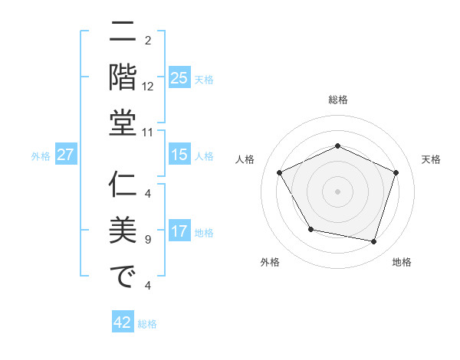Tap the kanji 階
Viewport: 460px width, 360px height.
click(123, 77)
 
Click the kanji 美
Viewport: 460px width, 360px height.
click(123, 231)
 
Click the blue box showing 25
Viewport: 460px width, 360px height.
click(179, 77)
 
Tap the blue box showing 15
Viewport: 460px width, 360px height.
click(179, 155)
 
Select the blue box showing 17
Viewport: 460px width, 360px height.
click(179, 231)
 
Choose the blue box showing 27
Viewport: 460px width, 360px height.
click(66, 155)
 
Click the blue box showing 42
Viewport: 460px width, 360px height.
click(123, 322)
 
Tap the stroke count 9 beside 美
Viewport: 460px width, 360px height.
click(148, 240)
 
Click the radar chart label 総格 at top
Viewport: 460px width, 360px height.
click(338, 100)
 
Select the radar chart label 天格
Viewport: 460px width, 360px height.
click(431, 159)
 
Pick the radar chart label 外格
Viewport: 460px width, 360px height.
click(270, 262)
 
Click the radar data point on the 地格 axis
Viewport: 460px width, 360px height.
click(374, 242)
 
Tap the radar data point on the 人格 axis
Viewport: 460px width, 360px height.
click(279, 172)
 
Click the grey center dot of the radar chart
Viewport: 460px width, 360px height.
click(338, 191)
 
